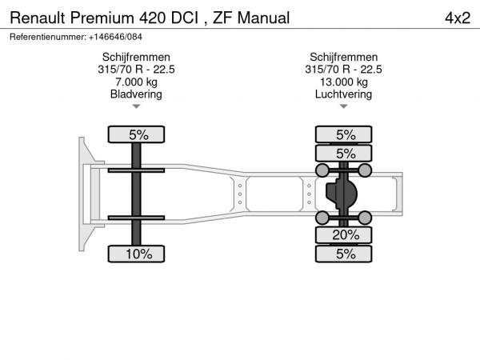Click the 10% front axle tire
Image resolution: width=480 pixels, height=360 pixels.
(x=136, y=254)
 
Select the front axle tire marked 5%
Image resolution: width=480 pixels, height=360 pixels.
(x=136, y=134)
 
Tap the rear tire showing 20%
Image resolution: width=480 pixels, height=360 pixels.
(x=344, y=235)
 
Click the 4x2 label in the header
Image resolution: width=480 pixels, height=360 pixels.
(x=458, y=18)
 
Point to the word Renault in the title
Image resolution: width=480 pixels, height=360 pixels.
(x=38, y=18)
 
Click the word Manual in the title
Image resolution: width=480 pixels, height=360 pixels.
(x=263, y=18)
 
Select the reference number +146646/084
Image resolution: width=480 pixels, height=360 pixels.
(x=115, y=37)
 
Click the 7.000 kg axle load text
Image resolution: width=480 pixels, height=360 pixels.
(x=136, y=82)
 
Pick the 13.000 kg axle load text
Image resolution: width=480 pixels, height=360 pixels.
(x=344, y=82)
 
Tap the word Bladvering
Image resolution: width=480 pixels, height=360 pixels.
(x=136, y=94)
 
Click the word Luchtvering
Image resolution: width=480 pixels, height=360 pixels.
(x=343, y=94)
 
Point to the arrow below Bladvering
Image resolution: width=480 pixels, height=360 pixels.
(x=136, y=106)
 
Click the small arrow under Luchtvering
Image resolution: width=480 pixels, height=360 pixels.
(x=344, y=106)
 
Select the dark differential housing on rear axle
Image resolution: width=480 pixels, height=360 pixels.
(x=342, y=194)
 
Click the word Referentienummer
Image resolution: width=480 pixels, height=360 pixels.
(x=48, y=37)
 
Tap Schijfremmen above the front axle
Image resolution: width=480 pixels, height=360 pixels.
(x=136, y=57)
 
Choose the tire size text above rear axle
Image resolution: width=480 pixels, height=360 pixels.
(x=343, y=70)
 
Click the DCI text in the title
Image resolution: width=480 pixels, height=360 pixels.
(x=185, y=18)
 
